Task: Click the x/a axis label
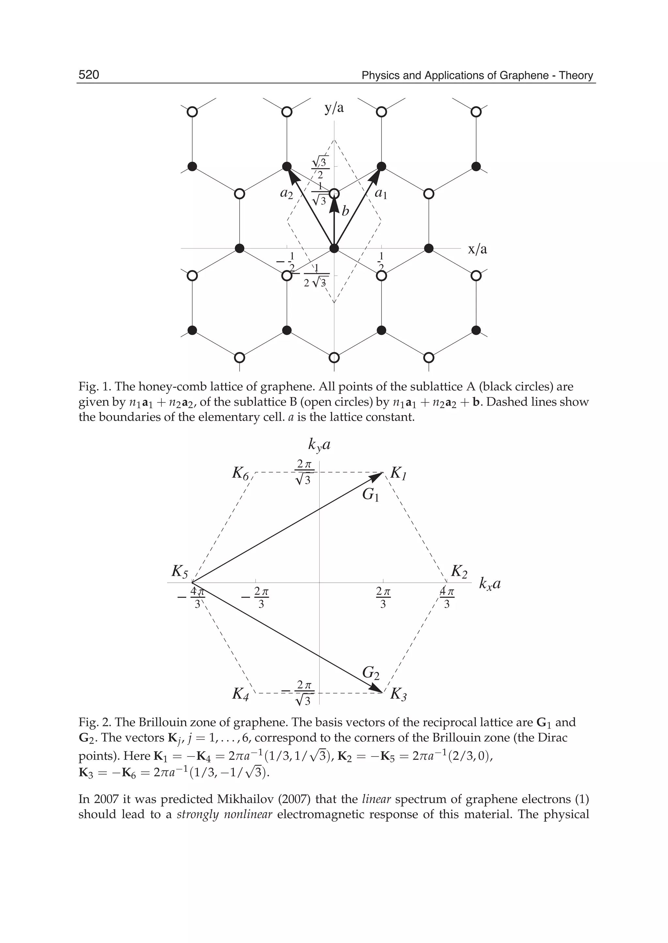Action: pyautogui.click(x=477, y=249)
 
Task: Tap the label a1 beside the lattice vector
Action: pyautogui.click(x=381, y=194)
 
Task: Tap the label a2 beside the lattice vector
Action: pyautogui.click(x=287, y=193)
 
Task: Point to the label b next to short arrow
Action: pyautogui.click(x=345, y=211)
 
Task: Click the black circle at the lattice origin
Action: pyautogui.click(x=334, y=248)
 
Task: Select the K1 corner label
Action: pyautogui.click(x=398, y=473)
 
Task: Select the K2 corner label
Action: pyautogui.click(x=459, y=571)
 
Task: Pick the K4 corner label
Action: pyautogui.click(x=241, y=694)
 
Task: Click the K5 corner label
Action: pyautogui.click(x=180, y=571)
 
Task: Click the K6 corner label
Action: pyautogui.click(x=241, y=473)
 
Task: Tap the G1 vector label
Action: pyautogui.click(x=370, y=495)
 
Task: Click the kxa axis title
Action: pyautogui.click(x=490, y=584)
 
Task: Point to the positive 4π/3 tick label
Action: pyautogui.click(x=447, y=598)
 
